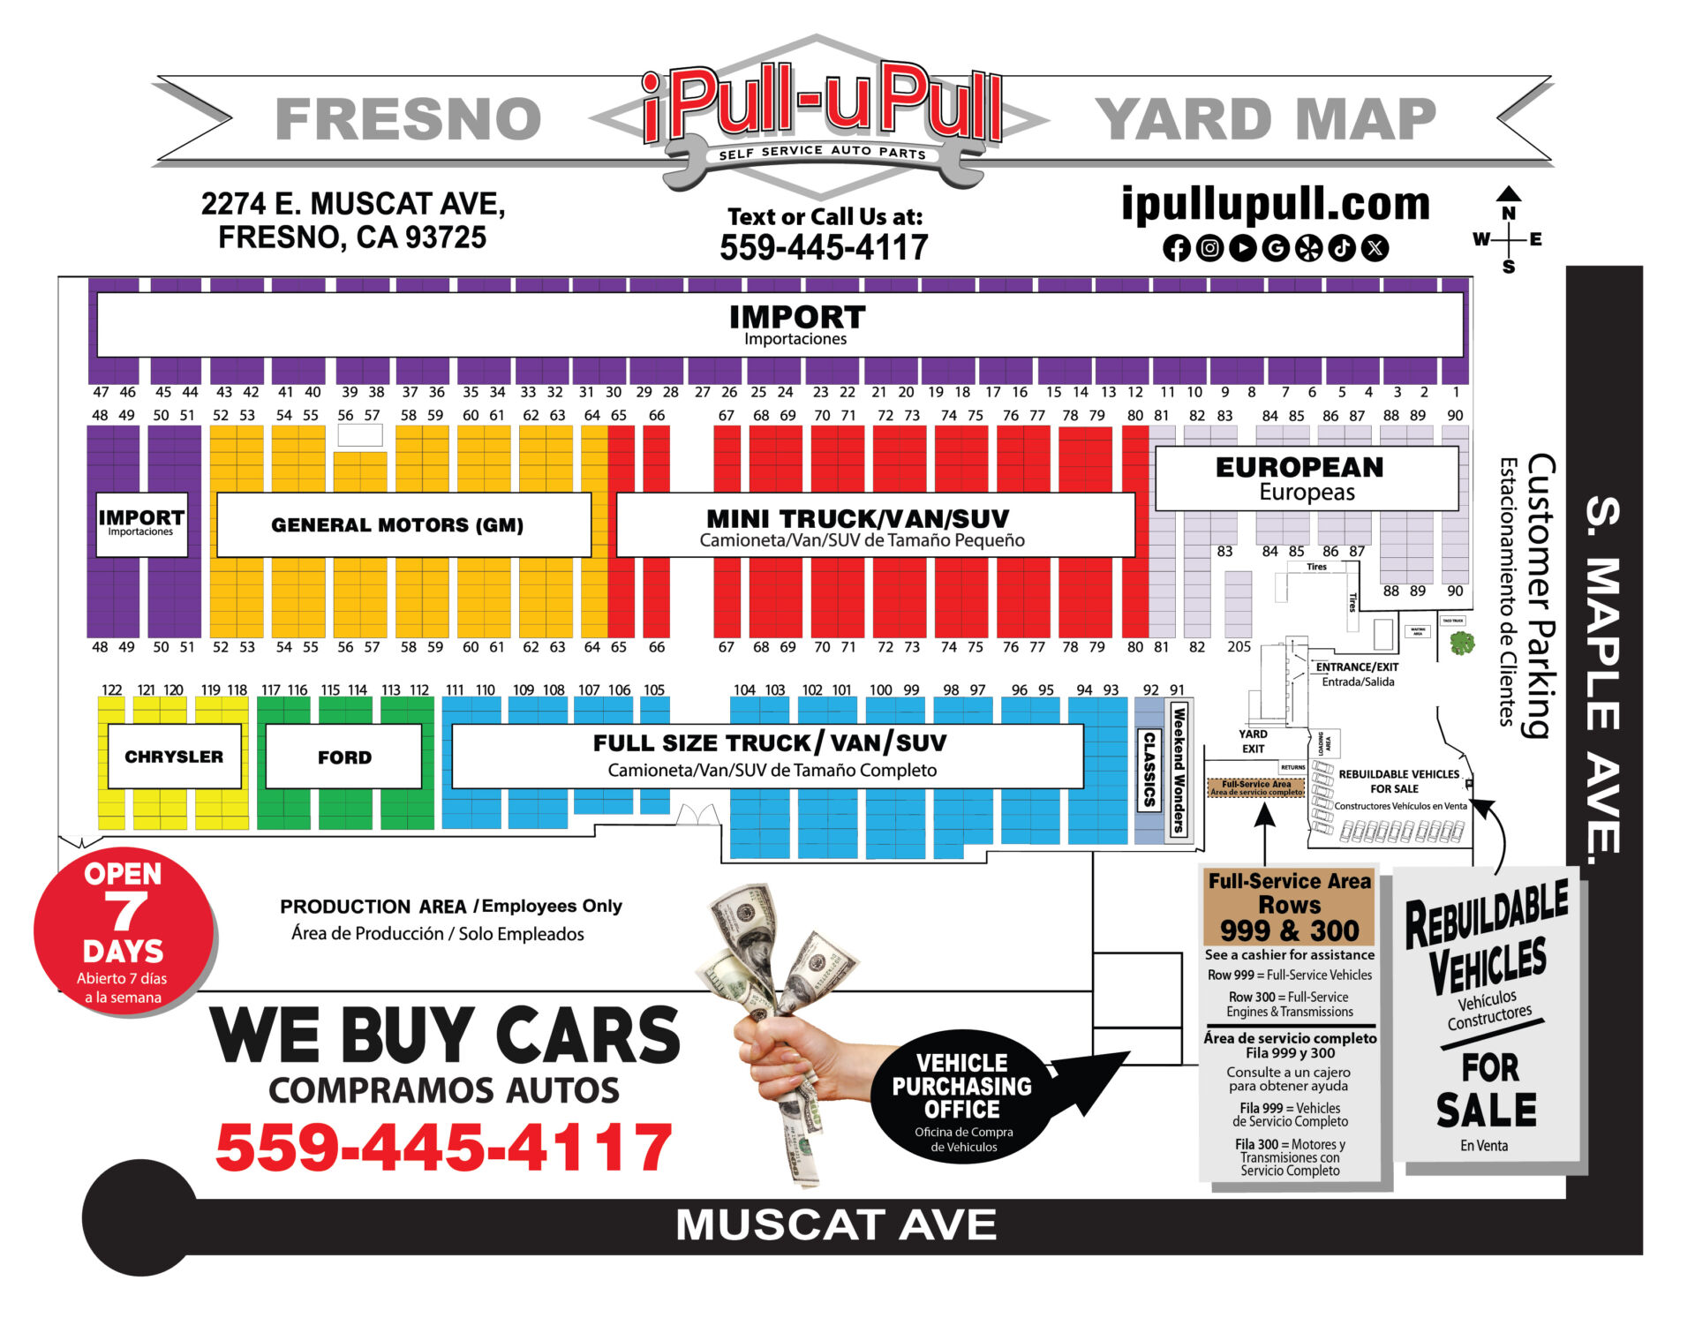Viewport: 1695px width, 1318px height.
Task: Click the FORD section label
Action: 344,757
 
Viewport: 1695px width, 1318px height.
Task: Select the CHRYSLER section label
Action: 174,757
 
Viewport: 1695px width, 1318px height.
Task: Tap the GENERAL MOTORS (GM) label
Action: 397,525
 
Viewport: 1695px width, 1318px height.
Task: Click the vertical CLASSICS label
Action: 1149,769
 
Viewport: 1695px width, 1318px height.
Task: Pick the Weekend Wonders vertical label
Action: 1178,768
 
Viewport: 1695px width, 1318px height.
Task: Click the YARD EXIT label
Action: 1253,742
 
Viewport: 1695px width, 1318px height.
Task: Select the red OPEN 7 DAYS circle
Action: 124,932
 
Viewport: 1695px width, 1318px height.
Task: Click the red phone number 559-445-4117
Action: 444,1148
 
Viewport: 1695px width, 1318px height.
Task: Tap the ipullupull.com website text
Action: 1276,204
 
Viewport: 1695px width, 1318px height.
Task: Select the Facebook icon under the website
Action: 1176,248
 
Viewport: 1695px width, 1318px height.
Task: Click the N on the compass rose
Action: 1509,213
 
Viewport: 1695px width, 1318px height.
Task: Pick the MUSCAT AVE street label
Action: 836,1225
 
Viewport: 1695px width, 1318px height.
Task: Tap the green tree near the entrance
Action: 1462,642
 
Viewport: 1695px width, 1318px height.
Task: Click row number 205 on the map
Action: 1239,647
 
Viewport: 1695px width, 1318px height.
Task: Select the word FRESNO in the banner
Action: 408,119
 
